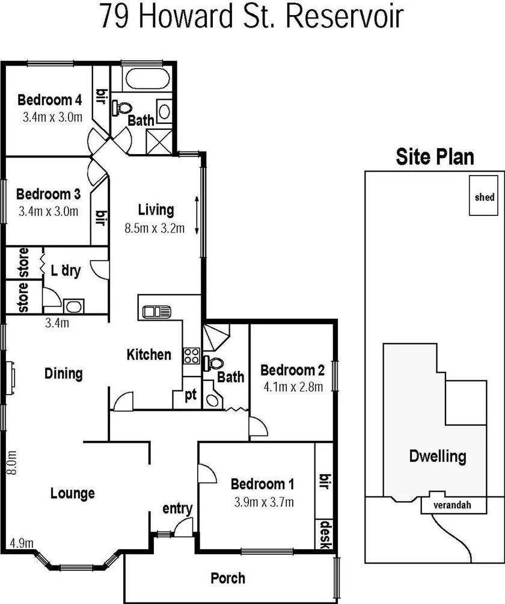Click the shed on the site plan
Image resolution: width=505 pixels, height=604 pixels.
[x=485, y=196]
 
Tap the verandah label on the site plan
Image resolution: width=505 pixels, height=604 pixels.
[x=451, y=505]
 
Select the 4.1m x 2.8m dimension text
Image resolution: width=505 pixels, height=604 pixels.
[x=292, y=386]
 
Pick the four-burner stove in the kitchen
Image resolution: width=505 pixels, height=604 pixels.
[x=191, y=355]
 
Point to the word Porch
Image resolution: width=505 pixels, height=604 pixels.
[x=228, y=579]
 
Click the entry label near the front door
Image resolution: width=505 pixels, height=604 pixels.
[x=178, y=509]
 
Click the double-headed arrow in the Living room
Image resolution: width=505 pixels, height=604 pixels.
[x=196, y=217]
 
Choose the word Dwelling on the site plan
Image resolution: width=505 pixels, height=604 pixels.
[x=437, y=456]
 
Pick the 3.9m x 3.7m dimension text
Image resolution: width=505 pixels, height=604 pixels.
[x=265, y=502]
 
